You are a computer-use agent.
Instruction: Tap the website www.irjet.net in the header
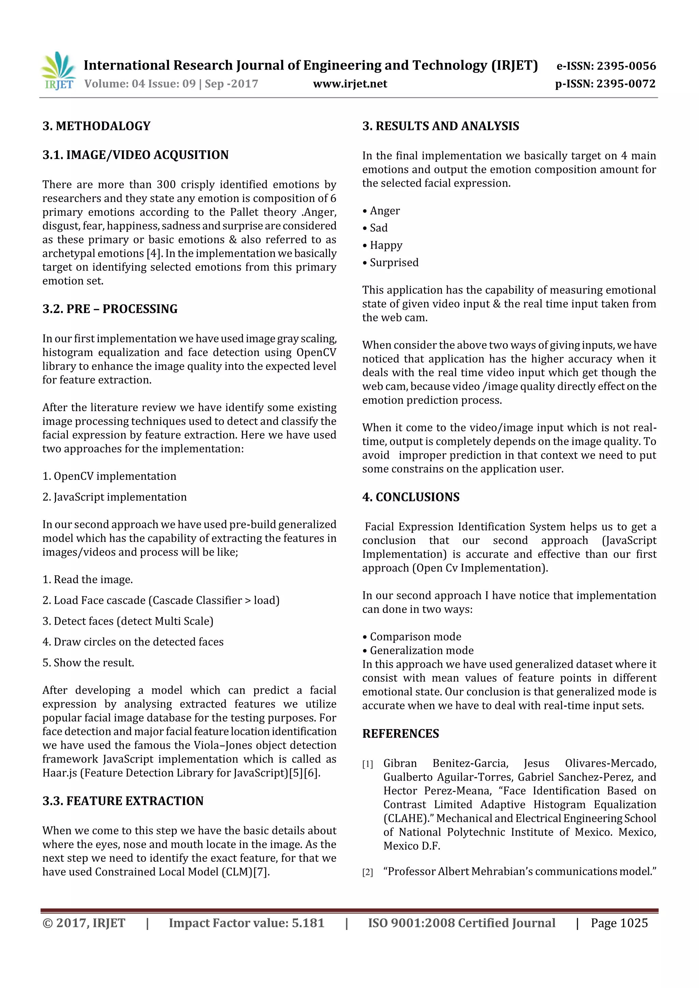[x=350, y=84]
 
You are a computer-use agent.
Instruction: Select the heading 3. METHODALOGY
[x=97, y=126]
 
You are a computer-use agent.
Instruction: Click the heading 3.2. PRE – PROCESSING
[x=110, y=309]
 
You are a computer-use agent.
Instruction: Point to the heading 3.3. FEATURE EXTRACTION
[x=123, y=801]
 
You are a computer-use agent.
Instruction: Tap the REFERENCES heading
[x=401, y=734]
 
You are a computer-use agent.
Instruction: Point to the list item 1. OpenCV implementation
[x=110, y=476]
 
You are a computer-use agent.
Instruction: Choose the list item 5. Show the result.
[x=88, y=663]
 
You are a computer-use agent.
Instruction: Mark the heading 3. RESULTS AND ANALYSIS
[x=441, y=126]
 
